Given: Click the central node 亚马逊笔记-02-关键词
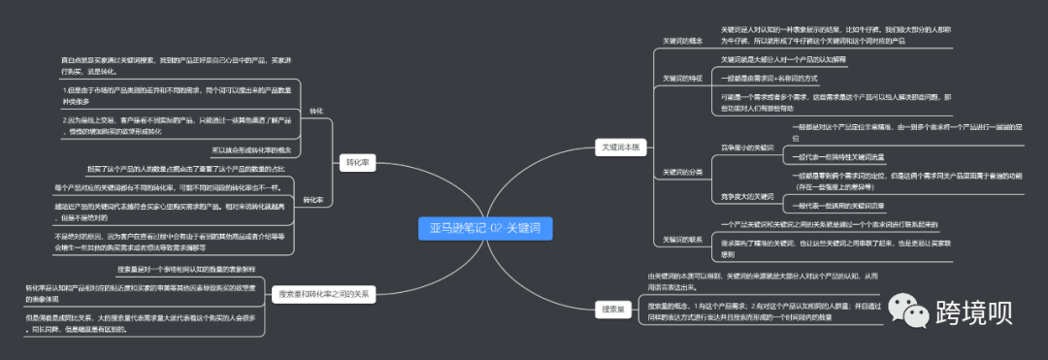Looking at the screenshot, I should tap(484, 228).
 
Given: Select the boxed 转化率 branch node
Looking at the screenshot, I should tap(357, 162).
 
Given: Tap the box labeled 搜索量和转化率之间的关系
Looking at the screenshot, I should tap(324, 293).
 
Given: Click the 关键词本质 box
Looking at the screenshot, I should tap(618, 147).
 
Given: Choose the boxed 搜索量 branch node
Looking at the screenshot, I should tap(613, 309).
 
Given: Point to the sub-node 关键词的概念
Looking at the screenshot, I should tap(682, 42).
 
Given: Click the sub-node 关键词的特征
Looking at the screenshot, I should tap(682, 78).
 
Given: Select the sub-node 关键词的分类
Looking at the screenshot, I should tap(682, 172).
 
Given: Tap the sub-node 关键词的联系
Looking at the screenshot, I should tap(682, 239).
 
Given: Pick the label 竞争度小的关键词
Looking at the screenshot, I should tap(747, 147).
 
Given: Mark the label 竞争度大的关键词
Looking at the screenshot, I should tap(747, 197).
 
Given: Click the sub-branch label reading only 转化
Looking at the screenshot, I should tap(316, 112).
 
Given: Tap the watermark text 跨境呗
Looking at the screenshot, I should tap(974, 311).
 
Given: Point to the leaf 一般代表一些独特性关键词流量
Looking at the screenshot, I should tap(838, 157).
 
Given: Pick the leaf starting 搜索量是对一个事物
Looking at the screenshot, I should tap(185, 269).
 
